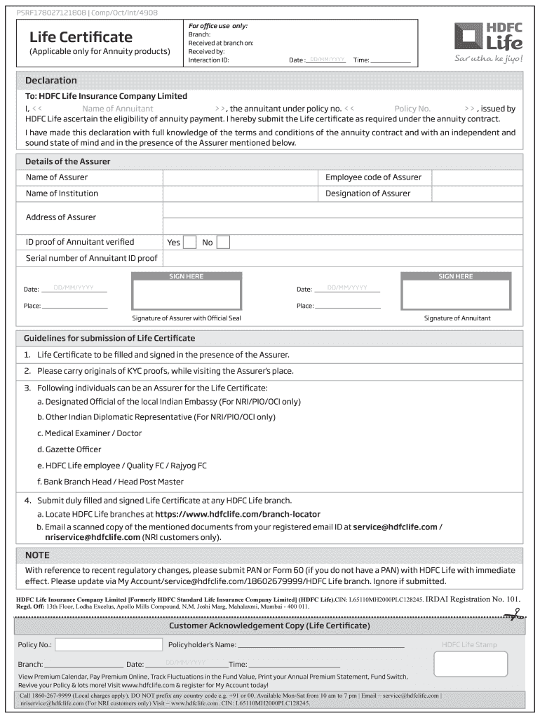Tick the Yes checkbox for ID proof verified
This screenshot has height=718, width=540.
[189, 242]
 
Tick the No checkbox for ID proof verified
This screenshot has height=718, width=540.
[223, 242]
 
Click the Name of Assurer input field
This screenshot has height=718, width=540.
[241, 177]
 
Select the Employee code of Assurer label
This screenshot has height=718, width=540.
[373, 177]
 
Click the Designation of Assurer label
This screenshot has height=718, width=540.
[367, 194]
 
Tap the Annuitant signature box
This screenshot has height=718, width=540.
[456, 294]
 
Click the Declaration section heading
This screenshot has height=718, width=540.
[51, 81]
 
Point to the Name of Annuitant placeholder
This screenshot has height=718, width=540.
[117, 109]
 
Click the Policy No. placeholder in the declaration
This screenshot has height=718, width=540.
[412, 109]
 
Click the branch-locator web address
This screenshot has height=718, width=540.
[233, 514]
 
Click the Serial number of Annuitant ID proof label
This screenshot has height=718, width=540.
[92, 258]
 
